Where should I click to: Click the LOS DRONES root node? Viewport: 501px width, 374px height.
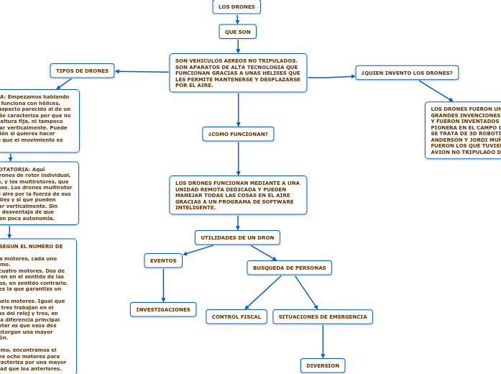coord(236,6)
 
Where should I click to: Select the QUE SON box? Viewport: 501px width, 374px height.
coord(237,32)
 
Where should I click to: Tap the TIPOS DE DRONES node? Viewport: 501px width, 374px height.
coord(82,70)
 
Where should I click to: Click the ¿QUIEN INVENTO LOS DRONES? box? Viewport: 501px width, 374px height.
coord(407,73)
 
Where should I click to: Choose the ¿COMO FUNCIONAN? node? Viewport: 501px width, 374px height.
coord(238,134)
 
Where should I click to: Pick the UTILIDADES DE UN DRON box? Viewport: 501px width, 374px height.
coord(237,237)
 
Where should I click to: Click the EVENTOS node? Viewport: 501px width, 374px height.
coord(165,260)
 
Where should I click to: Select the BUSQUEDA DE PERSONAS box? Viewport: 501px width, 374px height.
coord(289,268)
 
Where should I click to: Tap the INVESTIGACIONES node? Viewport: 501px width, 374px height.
coord(163,309)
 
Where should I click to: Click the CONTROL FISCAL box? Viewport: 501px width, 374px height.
coord(236,316)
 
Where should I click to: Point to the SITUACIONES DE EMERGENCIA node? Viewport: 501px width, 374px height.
coord(323,316)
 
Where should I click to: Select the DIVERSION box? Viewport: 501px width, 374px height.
coord(323,365)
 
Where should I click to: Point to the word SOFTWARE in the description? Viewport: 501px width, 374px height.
coord(278,201)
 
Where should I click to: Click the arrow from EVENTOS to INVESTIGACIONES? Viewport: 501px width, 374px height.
coord(164,284)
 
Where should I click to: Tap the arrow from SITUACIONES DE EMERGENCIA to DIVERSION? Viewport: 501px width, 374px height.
coord(323,341)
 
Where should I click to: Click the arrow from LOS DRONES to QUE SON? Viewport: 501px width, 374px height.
coord(237,19)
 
